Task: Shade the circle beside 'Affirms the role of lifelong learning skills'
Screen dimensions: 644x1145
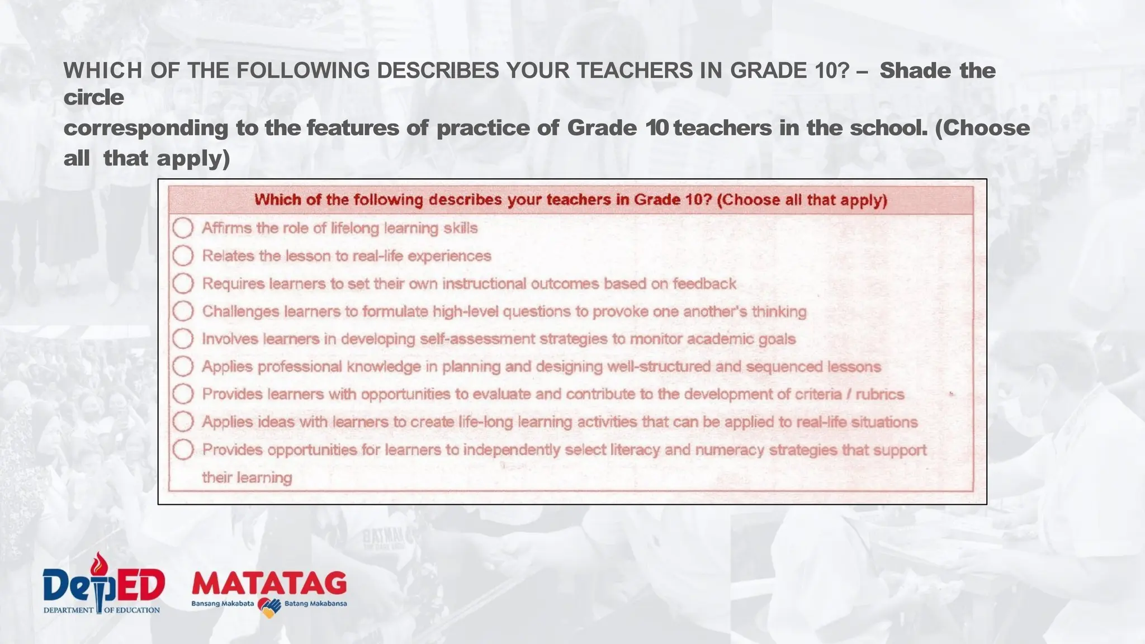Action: pos(183,228)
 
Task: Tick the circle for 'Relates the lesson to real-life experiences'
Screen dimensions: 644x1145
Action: pos(183,255)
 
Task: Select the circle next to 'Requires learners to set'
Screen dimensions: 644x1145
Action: pos(183,283)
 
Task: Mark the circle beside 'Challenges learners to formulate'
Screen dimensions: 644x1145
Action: pos(183,311)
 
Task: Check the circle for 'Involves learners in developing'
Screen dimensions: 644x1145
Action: pos(183,339)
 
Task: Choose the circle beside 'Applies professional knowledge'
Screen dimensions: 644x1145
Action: pos(183,366)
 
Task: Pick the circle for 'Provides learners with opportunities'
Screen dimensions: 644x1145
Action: pos(183,394)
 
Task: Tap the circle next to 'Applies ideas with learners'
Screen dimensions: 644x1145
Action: pos(183,422)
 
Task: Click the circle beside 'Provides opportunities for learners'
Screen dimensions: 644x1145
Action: pos(183,449)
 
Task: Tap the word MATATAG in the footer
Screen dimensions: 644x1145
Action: pos(269,584)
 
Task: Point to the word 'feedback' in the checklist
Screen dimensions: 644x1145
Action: pos(704,283)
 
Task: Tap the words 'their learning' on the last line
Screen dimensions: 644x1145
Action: pos(247,477)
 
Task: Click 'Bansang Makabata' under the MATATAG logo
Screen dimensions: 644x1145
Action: pos(223,604)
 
